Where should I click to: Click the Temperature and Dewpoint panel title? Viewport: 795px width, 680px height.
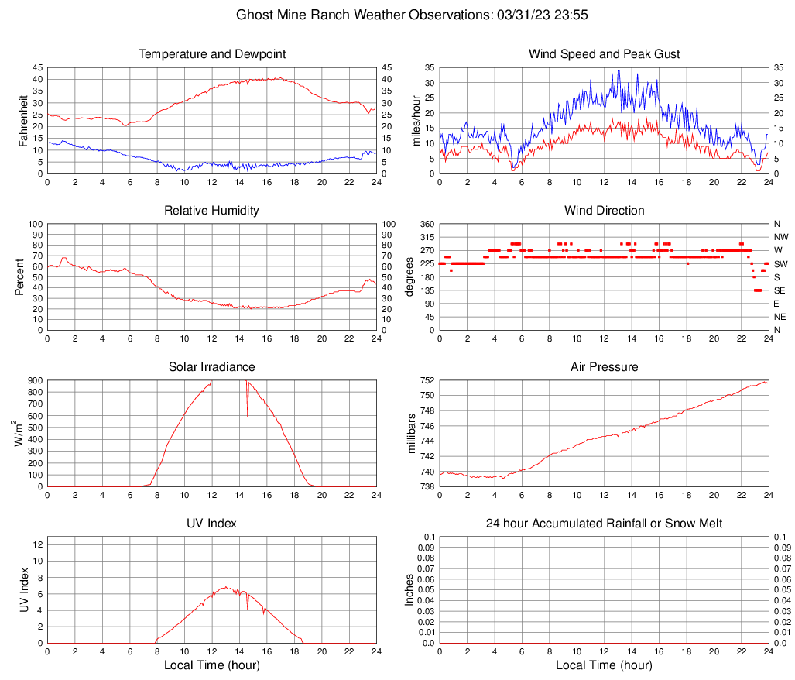(211, 54)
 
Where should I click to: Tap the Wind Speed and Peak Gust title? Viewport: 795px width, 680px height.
(604, 54)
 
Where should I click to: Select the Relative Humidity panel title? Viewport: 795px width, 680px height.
(211, 211)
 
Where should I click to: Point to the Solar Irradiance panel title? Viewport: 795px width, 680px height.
(211, 367)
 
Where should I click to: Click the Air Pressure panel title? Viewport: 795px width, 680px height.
(604, 367)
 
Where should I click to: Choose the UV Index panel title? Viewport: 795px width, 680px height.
(211, 524)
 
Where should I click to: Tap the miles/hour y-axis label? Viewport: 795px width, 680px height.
(416, 121)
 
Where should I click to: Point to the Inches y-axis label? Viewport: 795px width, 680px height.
(409, 589)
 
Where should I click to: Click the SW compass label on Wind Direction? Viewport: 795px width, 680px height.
(780, 263)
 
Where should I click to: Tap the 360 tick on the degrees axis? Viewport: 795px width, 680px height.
(426, 224)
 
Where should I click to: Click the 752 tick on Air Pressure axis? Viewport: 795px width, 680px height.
(427, 381)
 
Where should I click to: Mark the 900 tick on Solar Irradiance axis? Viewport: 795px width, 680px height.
(34, 381)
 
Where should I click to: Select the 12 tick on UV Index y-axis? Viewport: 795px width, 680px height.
(37, 544)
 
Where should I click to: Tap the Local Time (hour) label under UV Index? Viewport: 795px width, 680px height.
(211, 665)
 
